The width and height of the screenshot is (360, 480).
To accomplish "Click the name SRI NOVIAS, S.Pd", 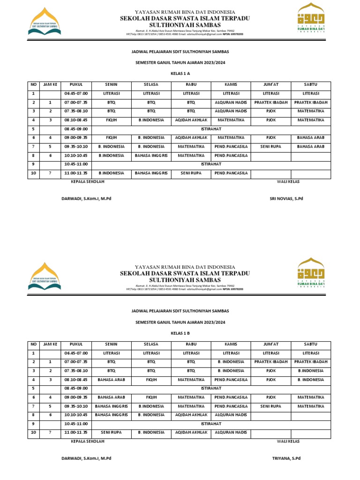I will pyautogui.click(x=286, y=199).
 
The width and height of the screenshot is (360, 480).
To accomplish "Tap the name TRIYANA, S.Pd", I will pyautogui.click(x=286, y=458).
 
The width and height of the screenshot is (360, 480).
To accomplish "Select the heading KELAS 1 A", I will pyautogui.click(x=180, y=74).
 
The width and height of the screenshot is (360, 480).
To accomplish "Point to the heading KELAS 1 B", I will pyautogui.click(x=180, y=333).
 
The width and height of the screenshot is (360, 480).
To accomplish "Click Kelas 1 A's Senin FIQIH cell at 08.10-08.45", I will pyautogui.click(x=111, y=120).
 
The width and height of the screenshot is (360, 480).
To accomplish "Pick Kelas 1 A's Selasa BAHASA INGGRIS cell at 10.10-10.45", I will pyautogui.click(x=151, y=155).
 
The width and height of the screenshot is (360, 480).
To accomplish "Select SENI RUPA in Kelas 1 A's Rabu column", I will pyautogui.click(x=191, y=173).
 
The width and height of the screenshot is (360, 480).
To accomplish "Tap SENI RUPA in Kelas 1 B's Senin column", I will pyautogui.click(x=111, y=432).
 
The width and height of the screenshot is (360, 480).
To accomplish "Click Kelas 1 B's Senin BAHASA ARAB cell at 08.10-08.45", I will pyautogui.click(x=111, y=379).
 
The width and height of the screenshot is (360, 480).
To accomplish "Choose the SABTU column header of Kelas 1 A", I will pyautogui.click(x=310, y=84).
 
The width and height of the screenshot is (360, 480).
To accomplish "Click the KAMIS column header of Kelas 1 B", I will pyautogui.click(x=231, y=344).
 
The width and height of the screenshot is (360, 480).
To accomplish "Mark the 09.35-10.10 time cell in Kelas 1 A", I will pyautogui.click(x=76, y=147).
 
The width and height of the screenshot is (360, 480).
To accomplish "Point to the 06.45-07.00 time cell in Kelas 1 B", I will pyautogui.click(x=76, y=353).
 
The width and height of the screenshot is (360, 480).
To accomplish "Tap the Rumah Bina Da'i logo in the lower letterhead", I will pyautogui.click(x=312, y=273).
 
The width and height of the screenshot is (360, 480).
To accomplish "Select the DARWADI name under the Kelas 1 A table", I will pyautogui.click(x=86, y=199).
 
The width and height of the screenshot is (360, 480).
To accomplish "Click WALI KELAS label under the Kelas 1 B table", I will pyautogui.click(x=288, y=441).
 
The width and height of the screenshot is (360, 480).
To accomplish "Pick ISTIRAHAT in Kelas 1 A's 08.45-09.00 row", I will pyautogui.click(x=211, y=129).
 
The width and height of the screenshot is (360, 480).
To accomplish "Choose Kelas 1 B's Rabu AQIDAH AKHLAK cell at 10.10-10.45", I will pyautogui.click(x=191, y=415).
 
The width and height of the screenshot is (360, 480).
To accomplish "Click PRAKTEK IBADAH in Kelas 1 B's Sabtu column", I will pyautogui.click(x=310, y=362).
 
